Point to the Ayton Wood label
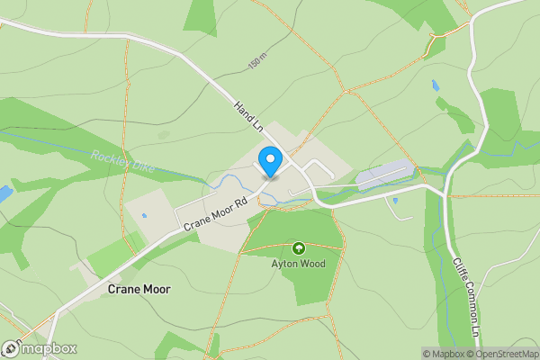pos(298,265)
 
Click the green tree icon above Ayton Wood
pos(298,247)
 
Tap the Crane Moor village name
pos(138,290)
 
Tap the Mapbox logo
pos(40,349)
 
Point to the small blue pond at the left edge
pos(4,193)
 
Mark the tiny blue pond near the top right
pos(436,86)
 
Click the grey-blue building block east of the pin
pos(385,175)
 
